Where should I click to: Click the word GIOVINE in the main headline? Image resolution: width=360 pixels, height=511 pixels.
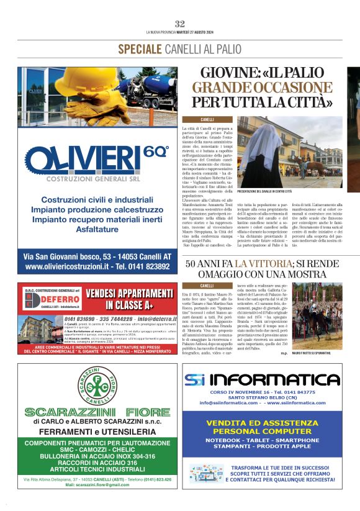(x=220, y=73)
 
